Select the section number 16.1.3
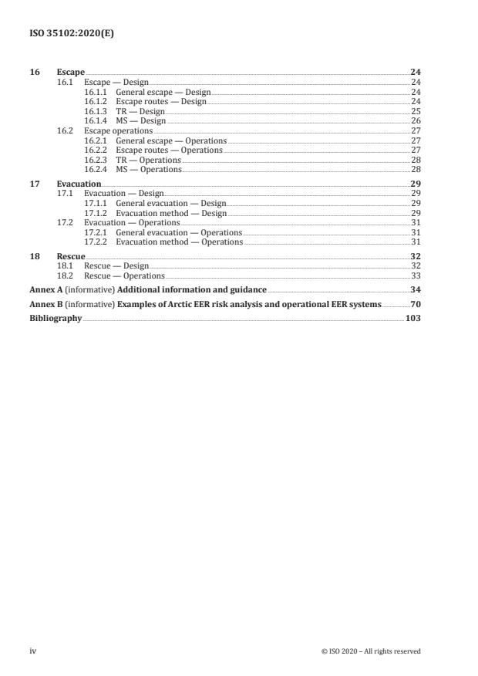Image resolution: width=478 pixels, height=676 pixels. click(x=95, y=111)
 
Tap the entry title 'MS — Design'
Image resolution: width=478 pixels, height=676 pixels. click(x=140, y=121)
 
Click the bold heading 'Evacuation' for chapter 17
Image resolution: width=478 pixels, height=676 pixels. click(x=79, y=184)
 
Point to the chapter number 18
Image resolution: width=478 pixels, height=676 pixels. click(x=34, y=256)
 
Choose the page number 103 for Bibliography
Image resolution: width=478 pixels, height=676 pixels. click(x=412, y=317)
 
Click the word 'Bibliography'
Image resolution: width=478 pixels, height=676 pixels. click(x=56, y=317)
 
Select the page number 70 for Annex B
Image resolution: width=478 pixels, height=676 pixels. click(x=416, y=304)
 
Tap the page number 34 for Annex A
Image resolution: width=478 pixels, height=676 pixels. click(x=416, y=290)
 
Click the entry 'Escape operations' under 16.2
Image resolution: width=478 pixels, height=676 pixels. click(x=118, y=131)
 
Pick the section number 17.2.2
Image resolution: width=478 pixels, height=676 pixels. click(x=95, y=242)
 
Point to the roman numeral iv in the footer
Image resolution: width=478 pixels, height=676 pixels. click(x=33, y=651)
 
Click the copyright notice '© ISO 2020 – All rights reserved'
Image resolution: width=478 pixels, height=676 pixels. click(x=370, y=651)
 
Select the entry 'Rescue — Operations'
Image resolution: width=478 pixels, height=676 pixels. click(x=124, y=275)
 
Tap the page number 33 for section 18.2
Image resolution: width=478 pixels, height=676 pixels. click(x=416, y=275)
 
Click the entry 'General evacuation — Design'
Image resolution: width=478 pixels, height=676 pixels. click(x=170, y=203)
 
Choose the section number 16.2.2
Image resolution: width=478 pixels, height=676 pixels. click(x=95, y=150)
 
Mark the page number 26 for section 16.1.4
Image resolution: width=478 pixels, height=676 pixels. click(x=416, y=121)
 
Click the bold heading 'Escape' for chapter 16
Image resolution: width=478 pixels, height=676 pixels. click(x=70, y=73)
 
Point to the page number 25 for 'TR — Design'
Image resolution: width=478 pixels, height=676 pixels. click(x=416, y=111)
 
